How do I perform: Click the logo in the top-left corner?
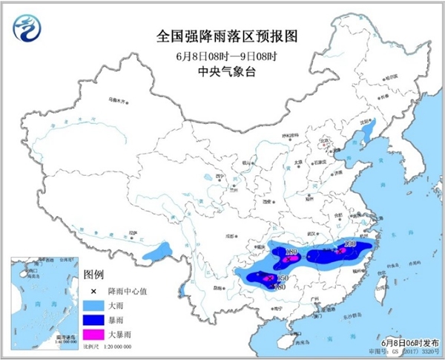tap(28, 27)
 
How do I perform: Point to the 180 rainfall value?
tap(292, 253)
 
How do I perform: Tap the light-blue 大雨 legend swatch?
tap(94, 305)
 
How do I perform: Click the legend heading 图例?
tap(93, 274)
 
